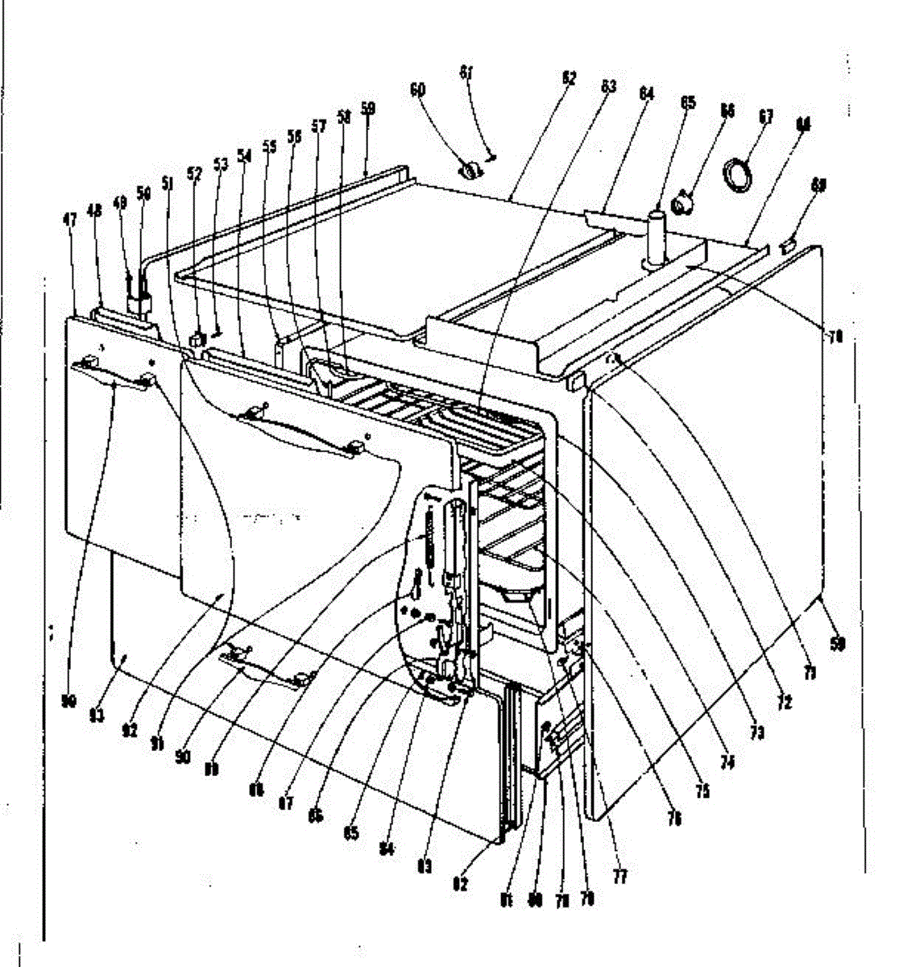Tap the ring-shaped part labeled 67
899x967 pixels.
point(738,175)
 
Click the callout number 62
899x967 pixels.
point(569,80)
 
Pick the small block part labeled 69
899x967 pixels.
point(789,241)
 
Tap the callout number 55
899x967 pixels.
point(269,147)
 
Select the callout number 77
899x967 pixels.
point(620,875)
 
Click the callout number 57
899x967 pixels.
point(319,127)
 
